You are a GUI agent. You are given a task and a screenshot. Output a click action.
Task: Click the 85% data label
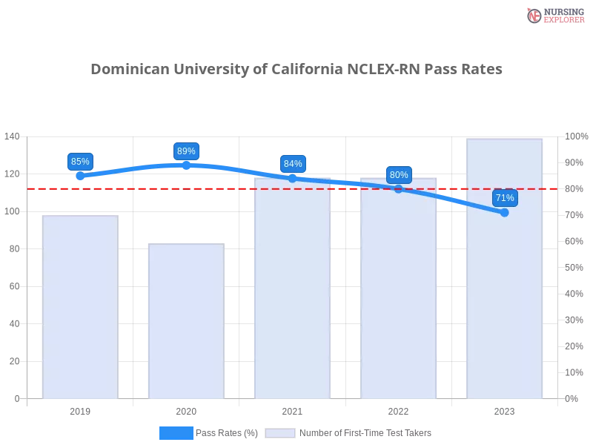(x=80, y=162)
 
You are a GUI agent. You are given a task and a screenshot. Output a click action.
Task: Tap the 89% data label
(x=186, y=151)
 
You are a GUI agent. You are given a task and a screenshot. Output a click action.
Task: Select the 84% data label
(x=293, y=164)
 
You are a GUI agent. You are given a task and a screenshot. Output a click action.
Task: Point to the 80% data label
(x=399, y=175)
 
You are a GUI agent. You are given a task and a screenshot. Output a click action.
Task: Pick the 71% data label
(x=505, y=198)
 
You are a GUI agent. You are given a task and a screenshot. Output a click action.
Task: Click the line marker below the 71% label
(x=505, y=213)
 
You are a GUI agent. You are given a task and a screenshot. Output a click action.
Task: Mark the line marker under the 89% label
(x=186, y=165)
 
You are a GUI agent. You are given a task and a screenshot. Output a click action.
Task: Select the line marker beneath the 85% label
(x=80, y=177)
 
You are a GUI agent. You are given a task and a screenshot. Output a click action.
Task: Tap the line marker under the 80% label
(x=399, y=188)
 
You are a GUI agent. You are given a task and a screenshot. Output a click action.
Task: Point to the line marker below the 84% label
(x=293, y=178)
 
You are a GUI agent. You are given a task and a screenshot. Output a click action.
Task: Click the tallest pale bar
(x=504, y=297)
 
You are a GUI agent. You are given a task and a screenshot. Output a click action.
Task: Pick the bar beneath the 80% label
(x=399, y=297)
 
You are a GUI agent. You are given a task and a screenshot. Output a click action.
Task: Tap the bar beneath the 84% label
(x=293, y=297)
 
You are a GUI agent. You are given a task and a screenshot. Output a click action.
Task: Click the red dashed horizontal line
(x=222, y=188)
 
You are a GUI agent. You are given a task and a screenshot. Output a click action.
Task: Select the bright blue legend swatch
(x=176, y=432)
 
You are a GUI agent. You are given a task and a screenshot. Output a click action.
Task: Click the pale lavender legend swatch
(x=280, y=433)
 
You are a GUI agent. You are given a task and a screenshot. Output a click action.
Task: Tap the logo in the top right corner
(x=554, y=15)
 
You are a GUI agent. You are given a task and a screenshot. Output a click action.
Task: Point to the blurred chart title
(x=296, y=70)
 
